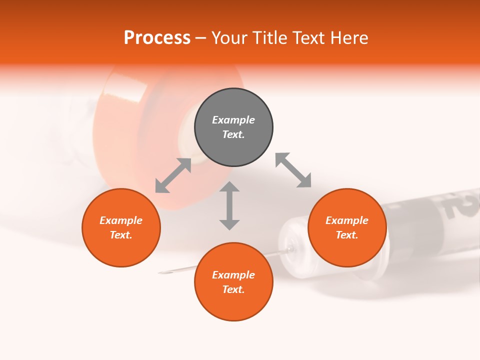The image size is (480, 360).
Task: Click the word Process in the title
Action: [x=157, y=38]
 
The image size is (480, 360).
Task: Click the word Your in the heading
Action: [x=229, y=38]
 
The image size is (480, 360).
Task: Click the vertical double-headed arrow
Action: [x=229, y=205]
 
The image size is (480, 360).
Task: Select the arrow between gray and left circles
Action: [x=173, y=175]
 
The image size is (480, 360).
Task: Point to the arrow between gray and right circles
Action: [x=293, y=170]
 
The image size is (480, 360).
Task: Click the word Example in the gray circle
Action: [x=233, y=120]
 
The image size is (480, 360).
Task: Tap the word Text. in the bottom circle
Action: [x=233, y=289]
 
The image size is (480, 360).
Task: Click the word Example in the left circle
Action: [x=121, y=220]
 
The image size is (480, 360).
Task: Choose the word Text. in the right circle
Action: [x=347, y=235]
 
